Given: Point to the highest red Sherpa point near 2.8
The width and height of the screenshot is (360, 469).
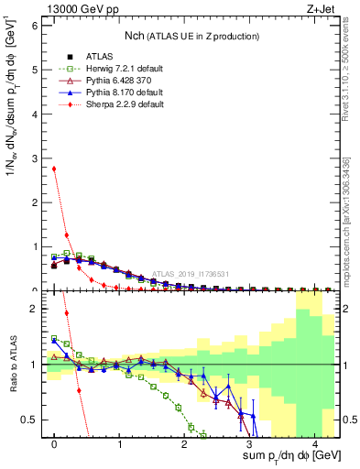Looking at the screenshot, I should (x=55, y=169).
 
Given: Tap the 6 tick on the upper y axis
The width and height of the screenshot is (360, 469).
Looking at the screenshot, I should (x=36, y=26).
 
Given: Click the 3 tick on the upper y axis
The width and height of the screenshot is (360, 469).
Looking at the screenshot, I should (x=36, y=158).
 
